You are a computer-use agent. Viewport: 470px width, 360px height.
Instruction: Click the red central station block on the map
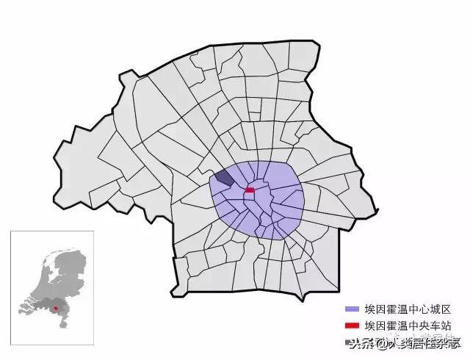[x=249, y=190]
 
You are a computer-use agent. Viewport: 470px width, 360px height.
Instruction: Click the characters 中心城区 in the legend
[x=430, y=309]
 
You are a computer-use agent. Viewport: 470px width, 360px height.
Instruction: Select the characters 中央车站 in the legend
[x=430, y=325]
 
